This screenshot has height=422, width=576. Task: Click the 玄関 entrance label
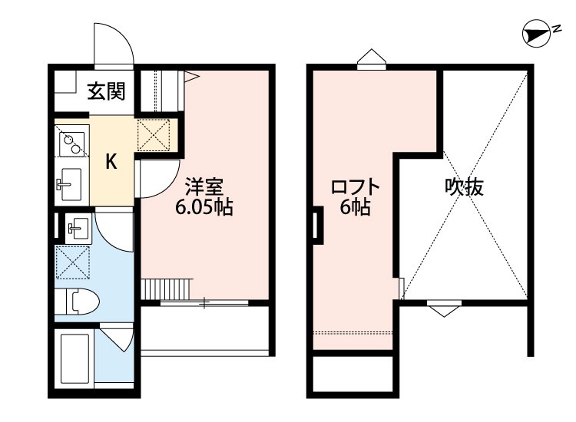[105, 92]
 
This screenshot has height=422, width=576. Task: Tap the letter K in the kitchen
[111, 161]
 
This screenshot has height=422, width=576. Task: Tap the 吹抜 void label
[465, 186]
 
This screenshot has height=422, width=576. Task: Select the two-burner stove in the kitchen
[72, 141]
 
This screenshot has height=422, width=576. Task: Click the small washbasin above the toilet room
[78, 228]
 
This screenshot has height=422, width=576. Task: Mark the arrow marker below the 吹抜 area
[443, 309]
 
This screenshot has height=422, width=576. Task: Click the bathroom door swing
[114, 338]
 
